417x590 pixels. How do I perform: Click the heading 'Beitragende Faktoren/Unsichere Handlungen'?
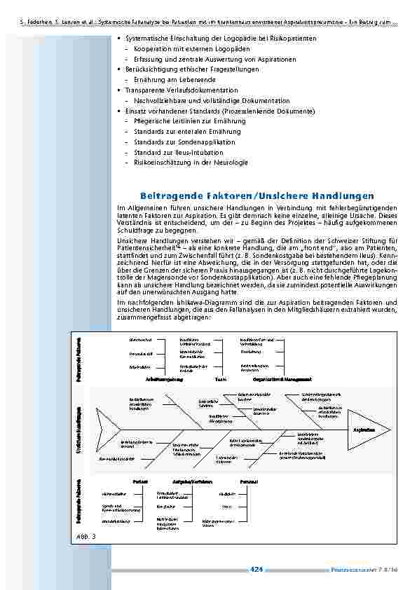(257, 195)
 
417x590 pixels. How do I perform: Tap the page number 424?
(256, 570)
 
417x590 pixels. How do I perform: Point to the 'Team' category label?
(221, 379)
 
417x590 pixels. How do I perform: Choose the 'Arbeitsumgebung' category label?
(164, 379)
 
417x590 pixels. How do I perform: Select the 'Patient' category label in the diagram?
(140, 481)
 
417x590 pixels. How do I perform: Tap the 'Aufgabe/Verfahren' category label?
(192, 481)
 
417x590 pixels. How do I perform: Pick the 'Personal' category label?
(249, 481)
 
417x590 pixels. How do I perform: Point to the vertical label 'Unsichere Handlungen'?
(78, 429)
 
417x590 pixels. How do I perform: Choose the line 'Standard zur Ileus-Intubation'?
(178, 152)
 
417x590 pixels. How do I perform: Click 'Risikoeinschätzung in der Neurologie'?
(191, 162)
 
